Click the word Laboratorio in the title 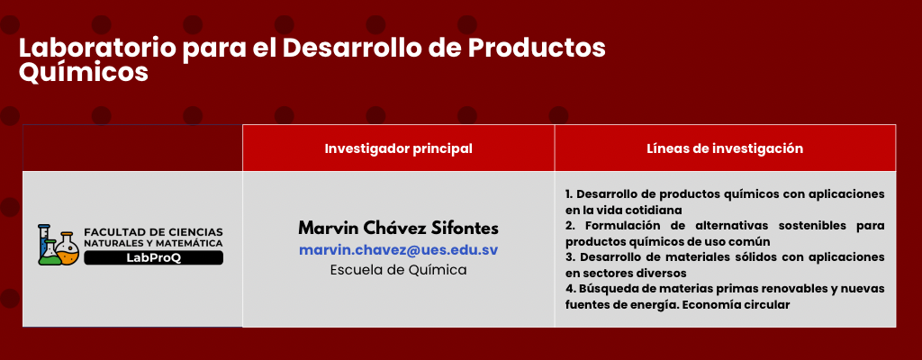(x=97, y=49)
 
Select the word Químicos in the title (x=83, y=73)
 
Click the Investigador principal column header (x=398, y=148)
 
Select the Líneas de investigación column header (x=725, y=148)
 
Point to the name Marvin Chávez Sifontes (x=398, y=227)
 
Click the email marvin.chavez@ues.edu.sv (x=398, y=249)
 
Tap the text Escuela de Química (x=398, y=270)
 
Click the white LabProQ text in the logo (x=153, y=257)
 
